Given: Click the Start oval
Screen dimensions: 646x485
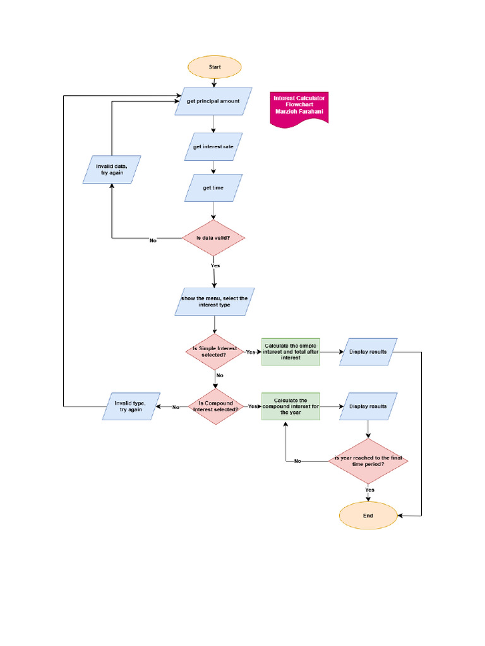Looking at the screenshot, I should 213,66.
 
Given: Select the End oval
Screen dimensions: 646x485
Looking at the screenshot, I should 368,515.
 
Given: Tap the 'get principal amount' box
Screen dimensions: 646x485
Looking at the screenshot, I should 213,101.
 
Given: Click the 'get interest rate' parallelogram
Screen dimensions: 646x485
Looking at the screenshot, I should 213,148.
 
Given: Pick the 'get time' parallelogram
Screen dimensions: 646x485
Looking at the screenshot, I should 213,188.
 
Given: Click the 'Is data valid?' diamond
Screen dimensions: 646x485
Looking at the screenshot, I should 213,238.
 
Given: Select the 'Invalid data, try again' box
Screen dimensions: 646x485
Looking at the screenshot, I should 112,169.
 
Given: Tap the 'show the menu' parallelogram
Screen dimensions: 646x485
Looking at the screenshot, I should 213,302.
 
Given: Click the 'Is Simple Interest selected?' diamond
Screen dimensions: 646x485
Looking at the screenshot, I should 215,352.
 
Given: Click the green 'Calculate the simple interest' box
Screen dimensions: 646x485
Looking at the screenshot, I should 291,351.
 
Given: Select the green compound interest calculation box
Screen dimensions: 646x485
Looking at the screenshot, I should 291,407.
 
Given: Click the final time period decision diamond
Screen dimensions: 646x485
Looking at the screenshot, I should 368,461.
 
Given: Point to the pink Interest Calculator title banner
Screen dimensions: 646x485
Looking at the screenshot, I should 299,106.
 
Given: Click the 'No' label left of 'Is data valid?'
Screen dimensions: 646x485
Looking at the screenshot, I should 153,240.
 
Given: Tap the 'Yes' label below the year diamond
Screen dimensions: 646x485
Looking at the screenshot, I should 369,490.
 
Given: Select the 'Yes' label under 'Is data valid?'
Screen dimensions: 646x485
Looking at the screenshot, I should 215,266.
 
